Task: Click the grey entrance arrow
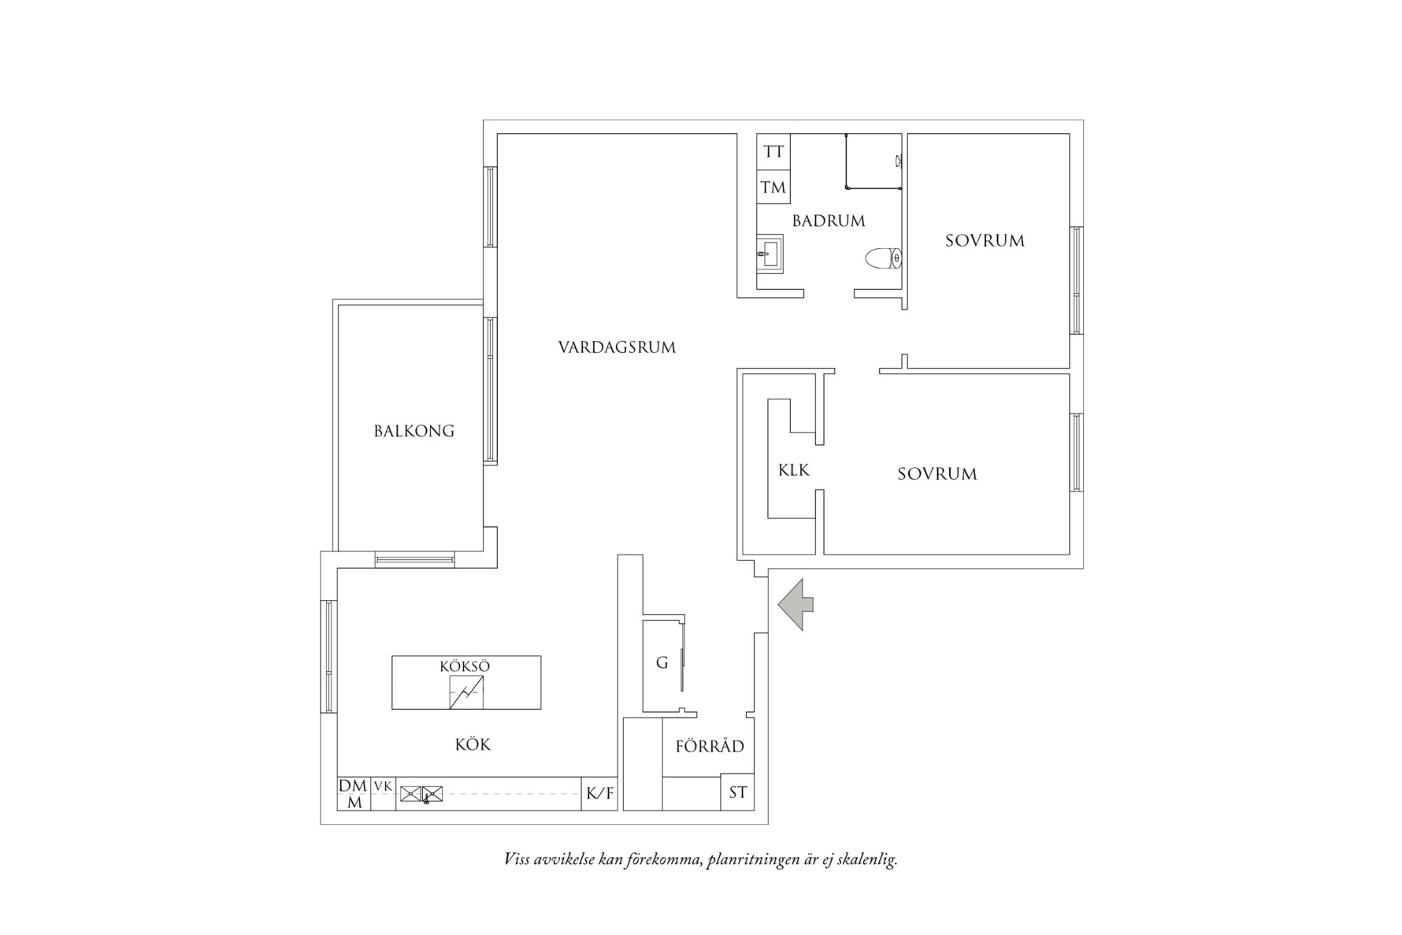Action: tap(796, 605)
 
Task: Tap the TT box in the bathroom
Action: tap(773, 151)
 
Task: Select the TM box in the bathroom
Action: tap(773, 187)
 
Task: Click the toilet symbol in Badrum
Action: tap(883, 258)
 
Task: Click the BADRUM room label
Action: tap(829, 221)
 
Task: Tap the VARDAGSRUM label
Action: tap(617, 347)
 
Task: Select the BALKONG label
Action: tap(414, 431)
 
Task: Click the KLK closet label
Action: tap(793, 470)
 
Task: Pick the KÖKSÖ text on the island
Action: tap(465, 666)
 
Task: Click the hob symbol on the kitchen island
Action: tap(466, 692)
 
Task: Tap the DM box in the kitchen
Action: tap(353, 786)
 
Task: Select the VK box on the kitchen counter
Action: tap(383, 786)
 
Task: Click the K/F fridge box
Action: tap(599, 794)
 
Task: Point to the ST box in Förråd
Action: tap(737, 792)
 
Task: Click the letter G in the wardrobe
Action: tap(662, 663)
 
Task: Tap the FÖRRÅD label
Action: tap(710, 747)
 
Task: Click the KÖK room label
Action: tap(473, 744)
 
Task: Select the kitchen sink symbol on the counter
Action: tap(421, 794)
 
